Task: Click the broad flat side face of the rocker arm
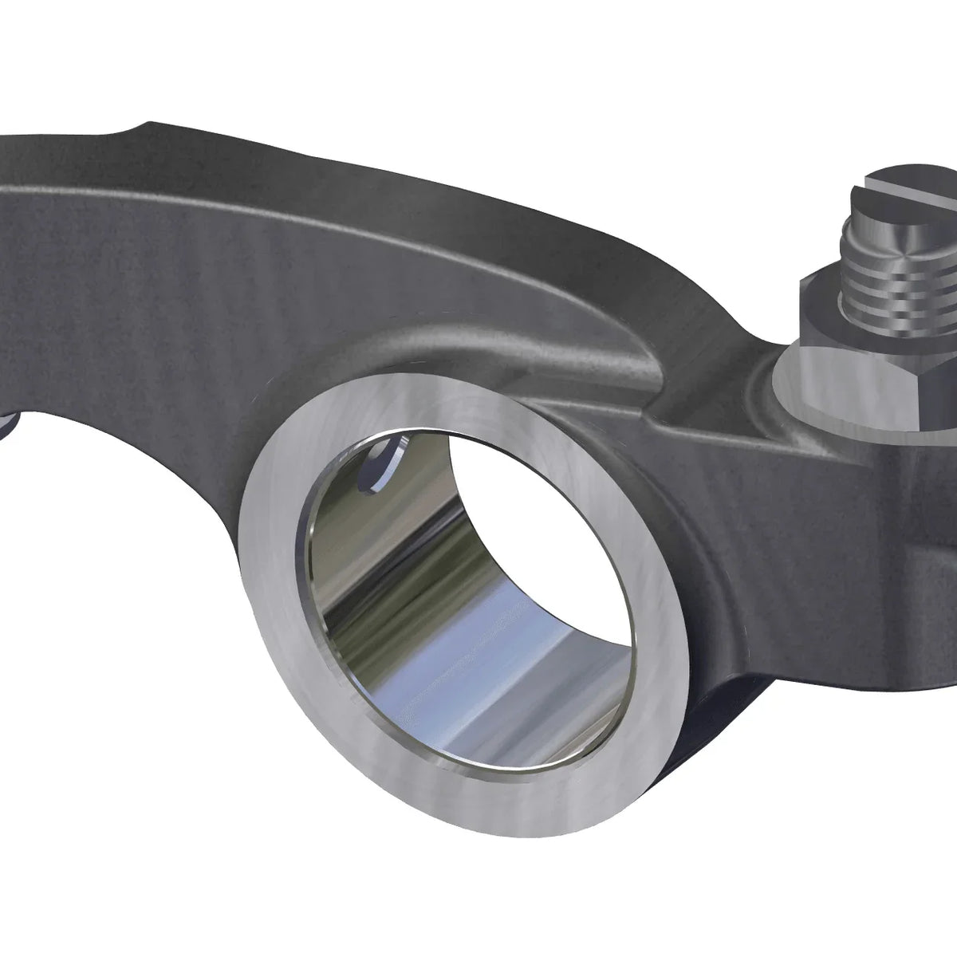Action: click(159, 319)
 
